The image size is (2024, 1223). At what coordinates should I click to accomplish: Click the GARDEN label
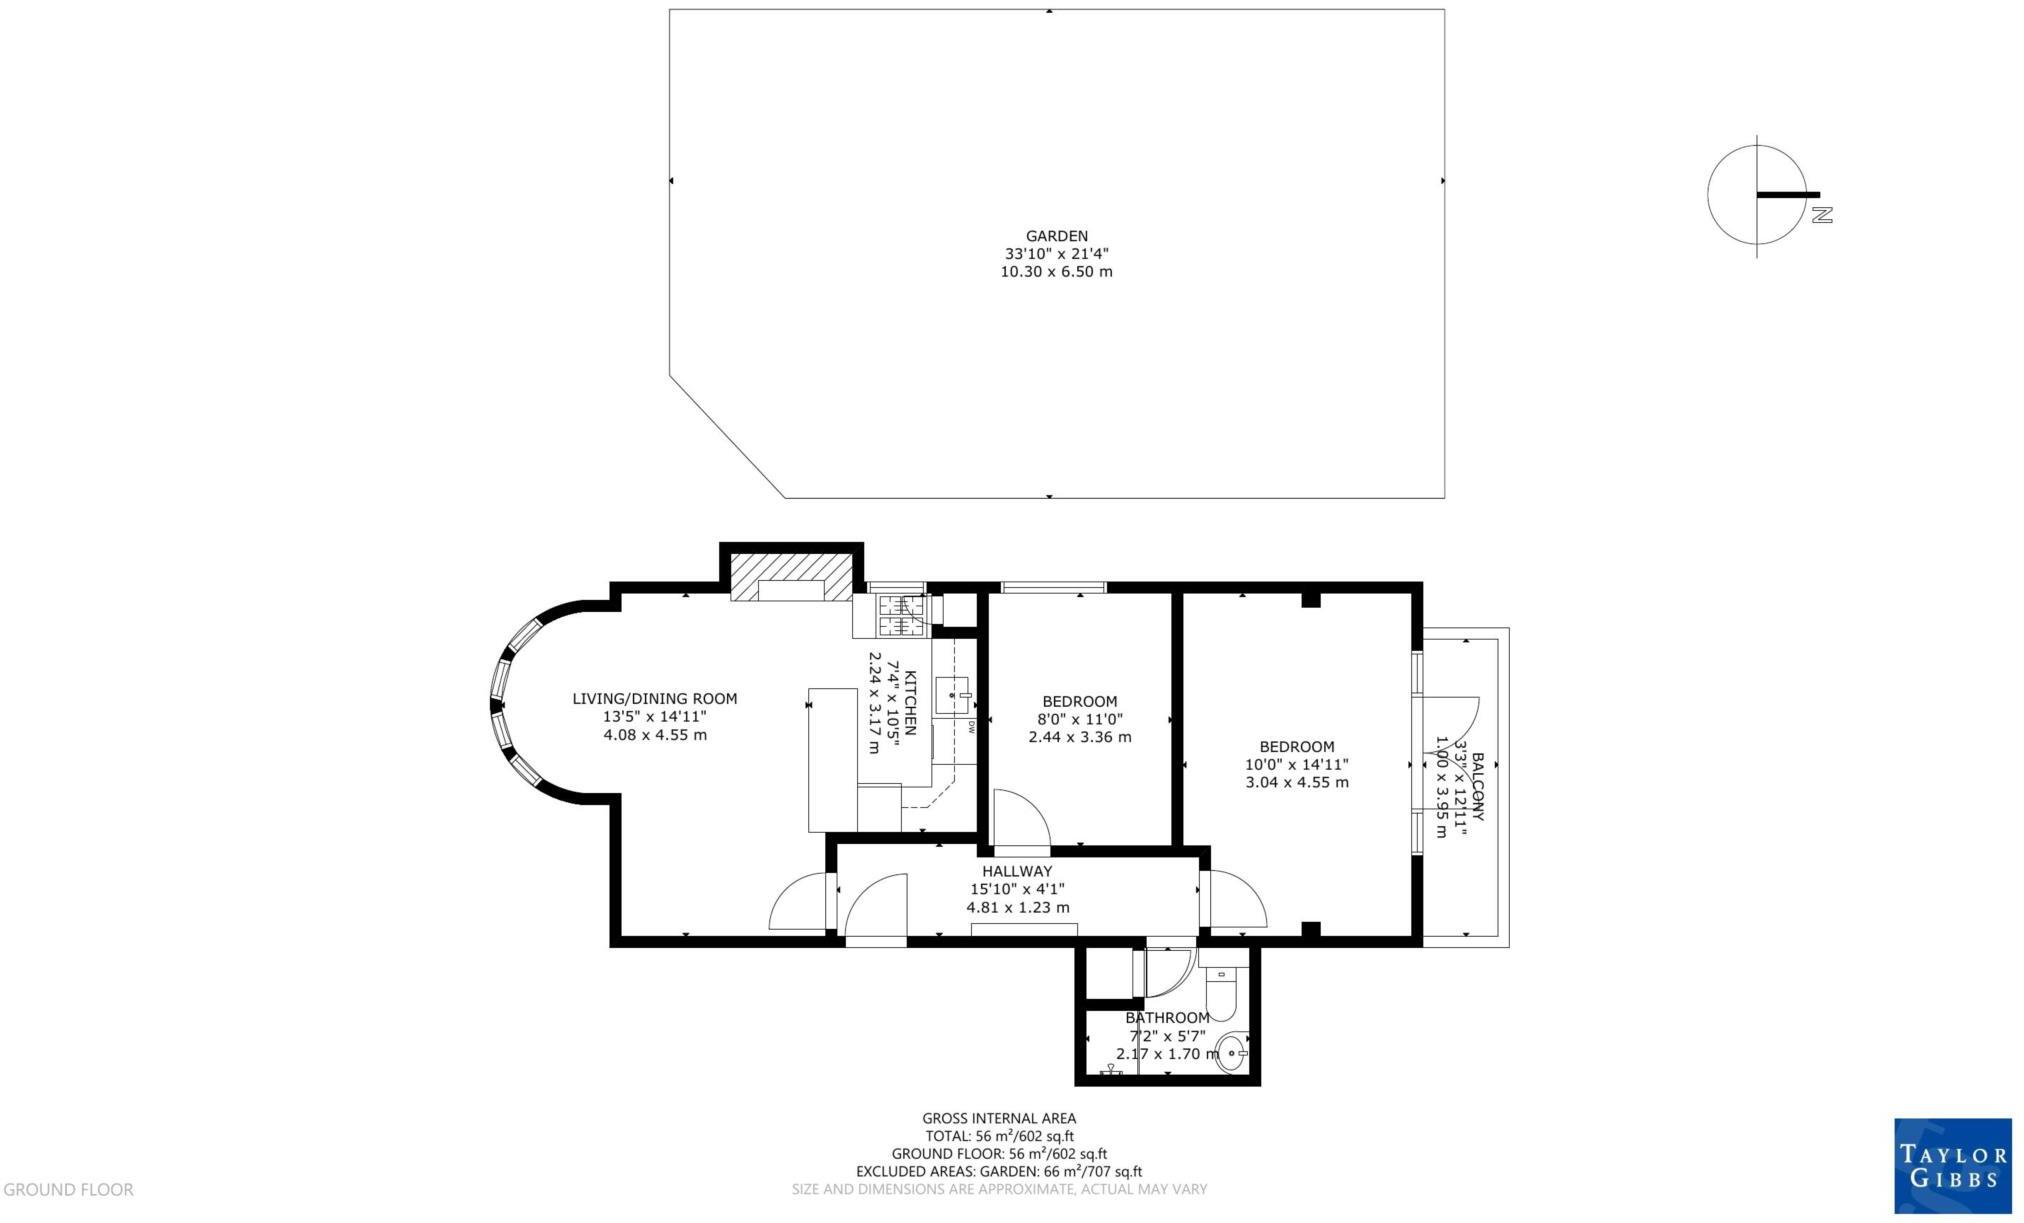click(x=1056, y=237)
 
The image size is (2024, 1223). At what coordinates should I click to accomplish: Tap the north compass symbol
click(x=1763, y=195)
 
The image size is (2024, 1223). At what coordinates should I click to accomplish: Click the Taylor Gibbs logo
click(x=1953, y=1165)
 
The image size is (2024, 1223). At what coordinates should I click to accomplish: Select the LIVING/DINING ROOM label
click(x=654, y=699)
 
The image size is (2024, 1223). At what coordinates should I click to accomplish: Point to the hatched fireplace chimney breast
click(x=791, y=576)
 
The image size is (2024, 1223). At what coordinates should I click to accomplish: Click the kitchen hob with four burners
click(x=903, y=615)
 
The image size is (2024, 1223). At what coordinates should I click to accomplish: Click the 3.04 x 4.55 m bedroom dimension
click(x=1297, y=782)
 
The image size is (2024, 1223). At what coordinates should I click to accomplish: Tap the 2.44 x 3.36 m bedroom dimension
click(x=1080, y=737)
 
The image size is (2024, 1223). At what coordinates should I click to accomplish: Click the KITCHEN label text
click(x=910, y=703)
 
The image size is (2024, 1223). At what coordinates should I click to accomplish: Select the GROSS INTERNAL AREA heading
click(x=999, y=1119)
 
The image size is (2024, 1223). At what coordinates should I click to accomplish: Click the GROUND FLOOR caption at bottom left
click(x=68, y=1190)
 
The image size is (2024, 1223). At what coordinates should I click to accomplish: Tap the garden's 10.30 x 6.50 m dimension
click(x=1056, y=272)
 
